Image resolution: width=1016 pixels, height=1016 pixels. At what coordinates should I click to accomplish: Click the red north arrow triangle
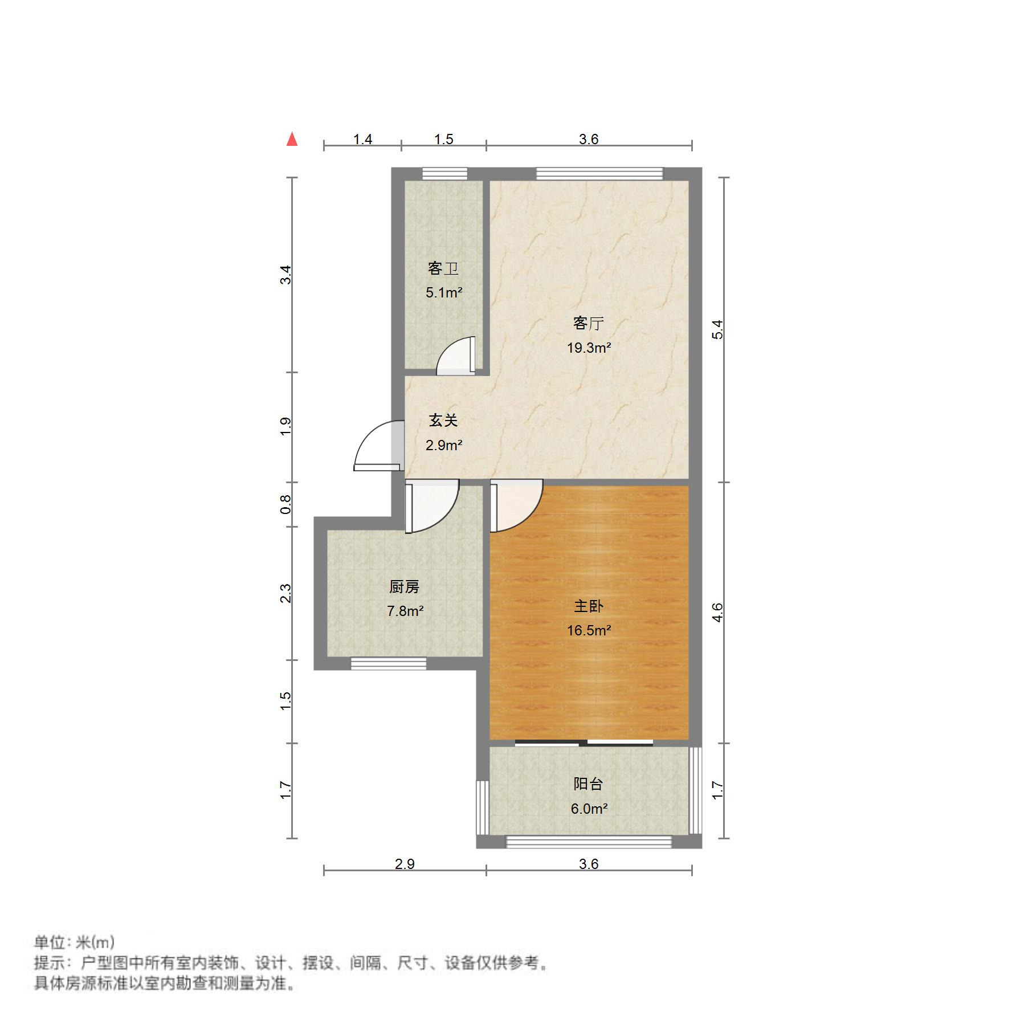(x=292, y=139)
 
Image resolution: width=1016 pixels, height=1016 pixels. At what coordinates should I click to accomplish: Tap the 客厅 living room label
(x=588, y=324)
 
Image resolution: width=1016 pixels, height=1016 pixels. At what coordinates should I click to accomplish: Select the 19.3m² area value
(x=589, y=348)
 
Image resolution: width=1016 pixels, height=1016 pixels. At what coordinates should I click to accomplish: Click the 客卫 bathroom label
(x=443, y=268)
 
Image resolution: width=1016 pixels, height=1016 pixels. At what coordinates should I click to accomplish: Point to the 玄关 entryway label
(x=443, y=421)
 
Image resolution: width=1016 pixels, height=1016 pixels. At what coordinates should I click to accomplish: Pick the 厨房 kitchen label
(x=405, y=586)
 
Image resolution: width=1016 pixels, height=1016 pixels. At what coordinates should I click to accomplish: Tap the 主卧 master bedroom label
(x=589, y=606)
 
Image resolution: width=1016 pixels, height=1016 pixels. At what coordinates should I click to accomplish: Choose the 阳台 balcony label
(x=588, y=784)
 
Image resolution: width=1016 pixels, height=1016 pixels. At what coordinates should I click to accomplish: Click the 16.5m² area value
(x=589, y=630)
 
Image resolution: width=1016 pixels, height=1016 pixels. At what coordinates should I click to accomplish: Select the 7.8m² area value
(x=405, y=611)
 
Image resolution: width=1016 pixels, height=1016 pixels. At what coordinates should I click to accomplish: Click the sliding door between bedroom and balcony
(x=584, y=742)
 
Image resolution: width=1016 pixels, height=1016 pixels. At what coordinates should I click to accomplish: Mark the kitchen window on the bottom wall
(x=388, y=663)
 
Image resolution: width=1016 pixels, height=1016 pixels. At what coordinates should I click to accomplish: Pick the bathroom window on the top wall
(x=444, y=173)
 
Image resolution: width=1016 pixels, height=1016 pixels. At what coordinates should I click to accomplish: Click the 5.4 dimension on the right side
(x=718, y=329)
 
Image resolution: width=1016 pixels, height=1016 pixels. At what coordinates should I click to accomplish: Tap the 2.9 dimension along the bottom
(x=405, y=864)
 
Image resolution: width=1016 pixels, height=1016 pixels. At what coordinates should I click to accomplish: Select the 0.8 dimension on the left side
(x=286, y=504)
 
